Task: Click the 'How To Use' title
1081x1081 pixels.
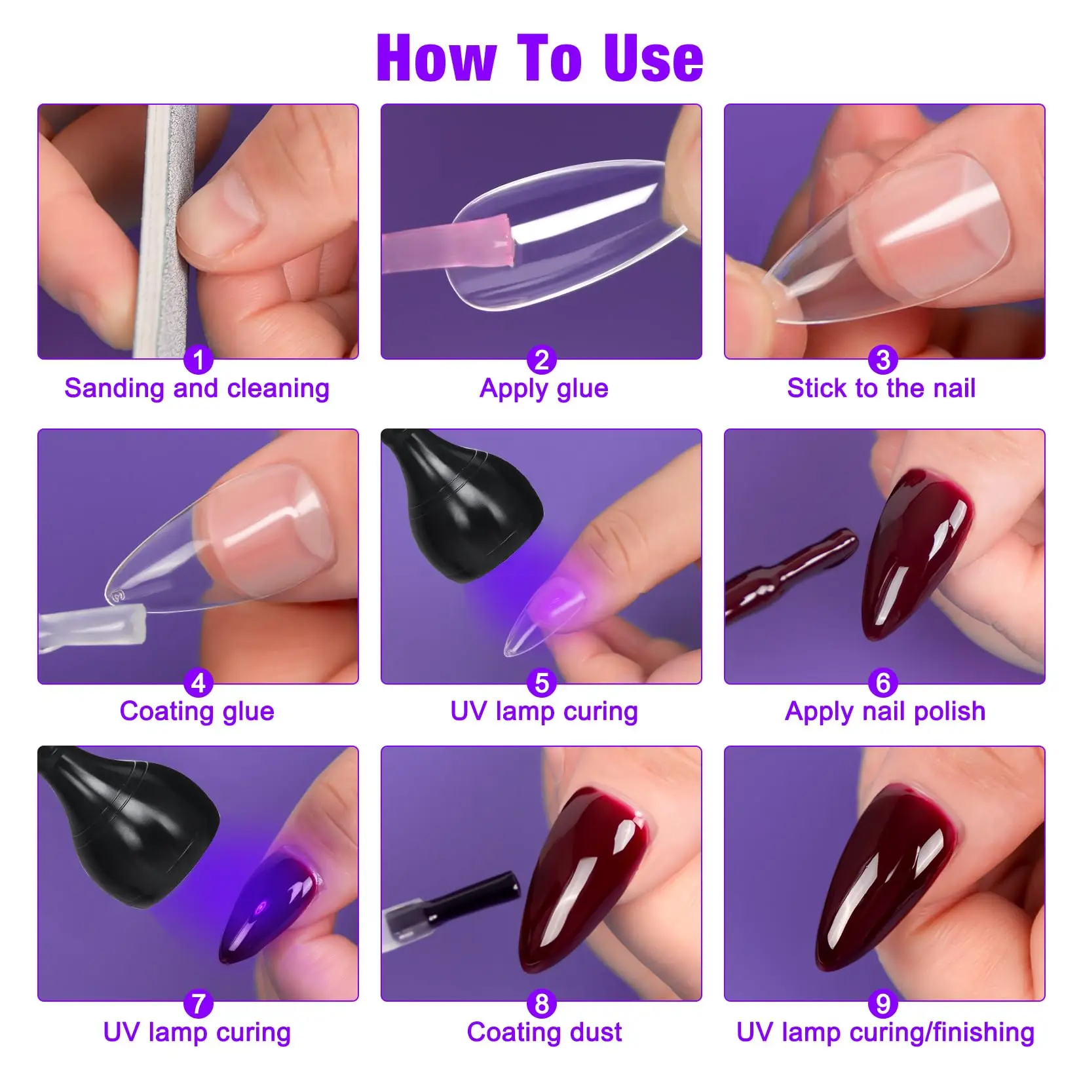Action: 540,59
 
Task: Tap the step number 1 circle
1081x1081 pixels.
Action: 198,360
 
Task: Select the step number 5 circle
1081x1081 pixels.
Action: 541,683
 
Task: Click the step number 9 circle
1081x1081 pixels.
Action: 883,1003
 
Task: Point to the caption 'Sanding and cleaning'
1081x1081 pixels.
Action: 197,389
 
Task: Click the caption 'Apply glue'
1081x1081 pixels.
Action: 544,389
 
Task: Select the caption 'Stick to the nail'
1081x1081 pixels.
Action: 881,389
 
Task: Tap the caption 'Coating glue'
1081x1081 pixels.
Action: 197,711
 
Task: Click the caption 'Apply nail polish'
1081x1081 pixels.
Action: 885,711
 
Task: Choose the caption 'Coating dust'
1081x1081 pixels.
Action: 544,1033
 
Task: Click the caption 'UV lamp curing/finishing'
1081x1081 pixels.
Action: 885,1033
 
